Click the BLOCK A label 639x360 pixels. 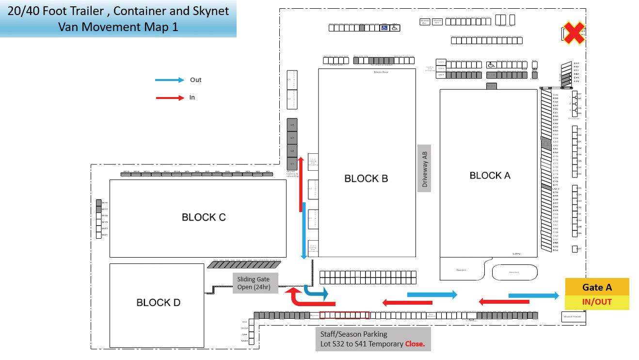(x=490, y=176)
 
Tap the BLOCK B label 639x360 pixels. (x=366, y=179)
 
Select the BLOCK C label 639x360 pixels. (x=204, y=217)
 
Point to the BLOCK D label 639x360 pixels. (x=158, y=303)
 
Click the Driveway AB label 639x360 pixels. (x=425, y=168)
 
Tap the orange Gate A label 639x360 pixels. (x=597, y=287)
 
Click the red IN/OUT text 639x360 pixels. (x=597, y=302)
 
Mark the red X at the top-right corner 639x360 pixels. (x=573, y=33)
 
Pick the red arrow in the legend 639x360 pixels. (x=170, y=98)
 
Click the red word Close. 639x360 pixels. (x=415, y=344)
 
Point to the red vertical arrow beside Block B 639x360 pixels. (x=301, y=184)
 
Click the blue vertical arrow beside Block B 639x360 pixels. (x=304, y=230)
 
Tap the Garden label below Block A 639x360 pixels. (x=461, y=270)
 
